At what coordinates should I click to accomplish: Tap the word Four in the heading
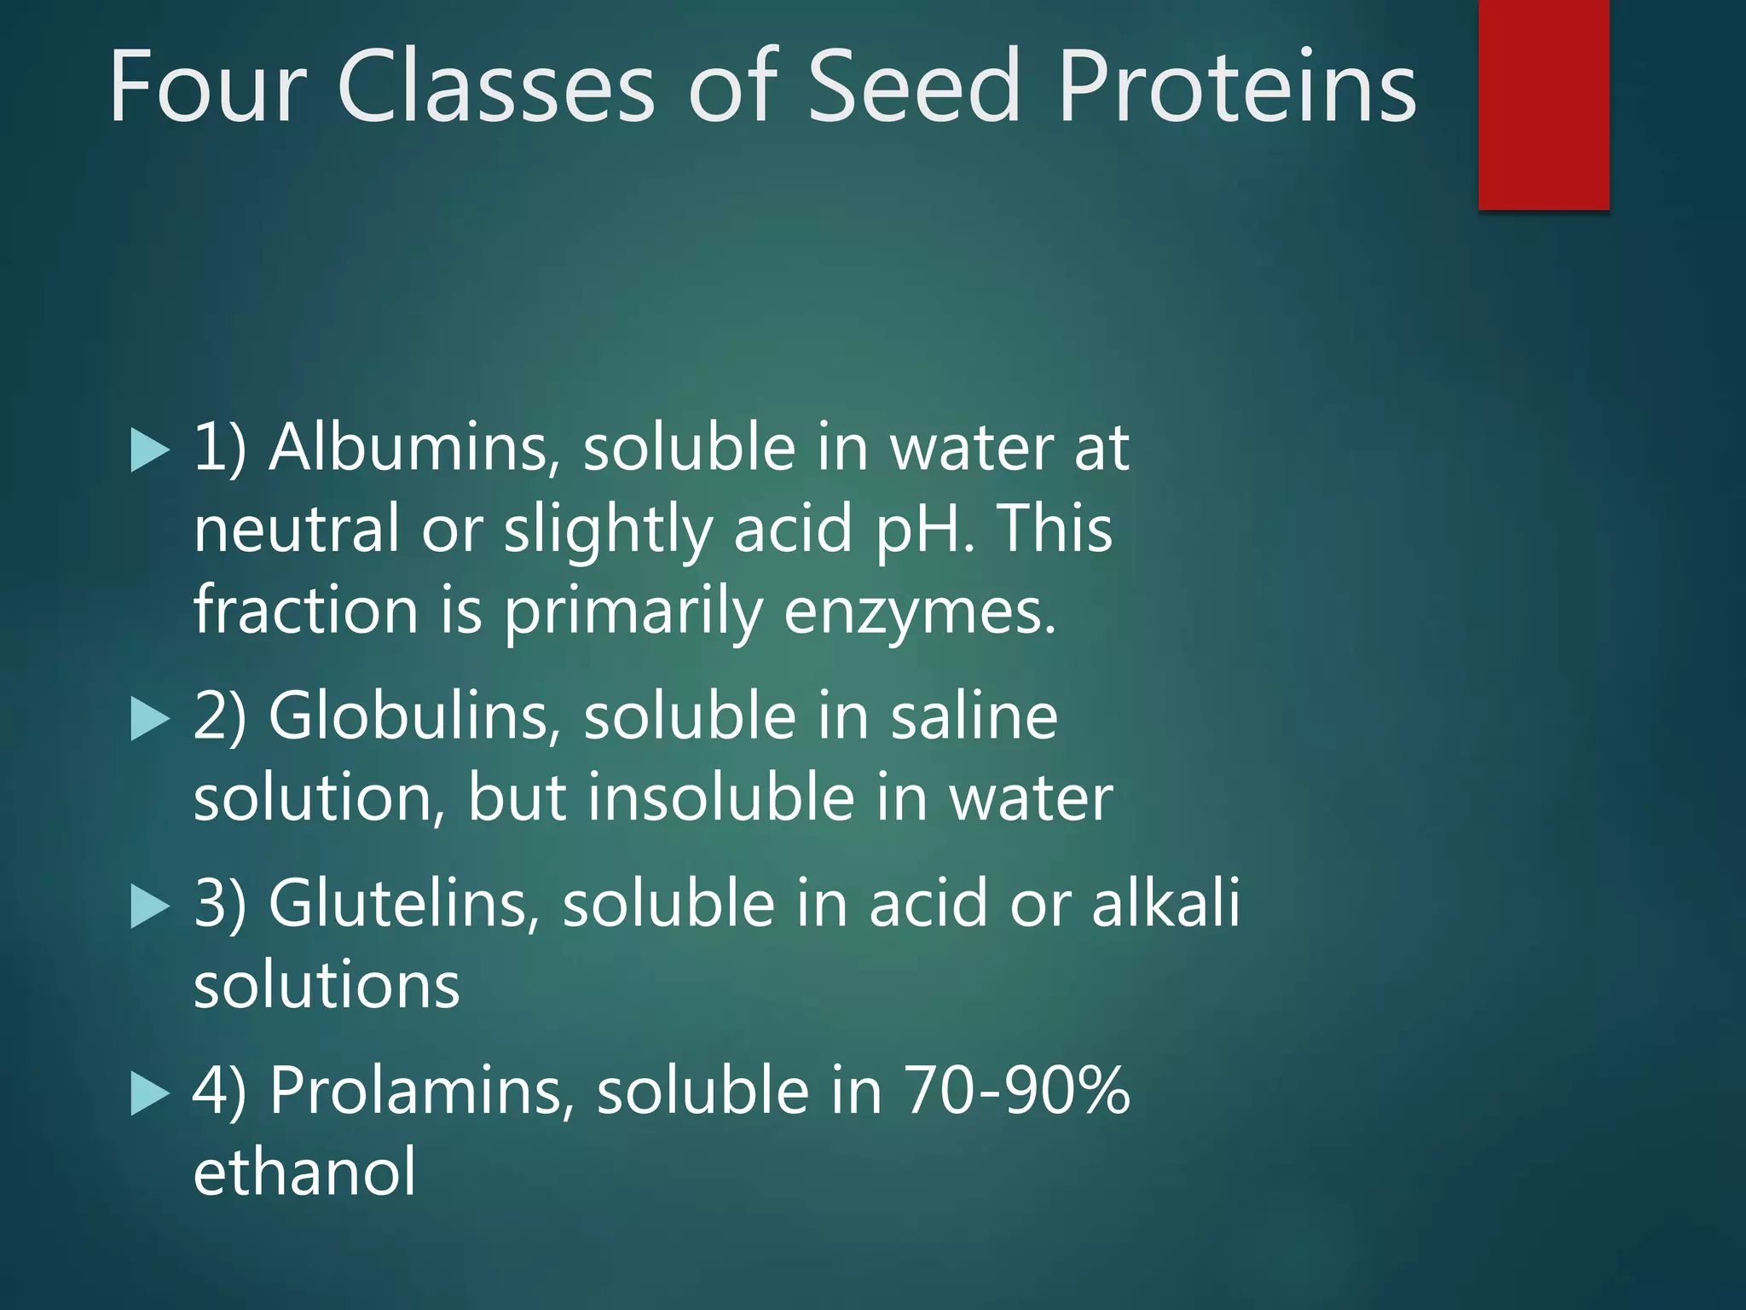tap(207, 87)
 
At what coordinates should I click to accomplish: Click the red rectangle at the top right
tap(1543, 104)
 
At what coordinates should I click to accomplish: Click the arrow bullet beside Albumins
tap(150, 451)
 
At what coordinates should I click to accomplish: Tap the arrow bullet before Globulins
tap(150, 720)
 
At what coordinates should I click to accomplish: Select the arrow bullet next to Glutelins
tap(150, 907)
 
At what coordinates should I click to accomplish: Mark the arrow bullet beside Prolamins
tap(150, 1094)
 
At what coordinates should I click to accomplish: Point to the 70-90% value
tap(1016, 1091)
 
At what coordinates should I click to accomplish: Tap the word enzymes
tap(919, 612)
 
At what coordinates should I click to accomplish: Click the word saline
tap(974, 716)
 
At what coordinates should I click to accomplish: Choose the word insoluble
tap(720, 798)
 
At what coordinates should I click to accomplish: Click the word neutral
tap(296, 529)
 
